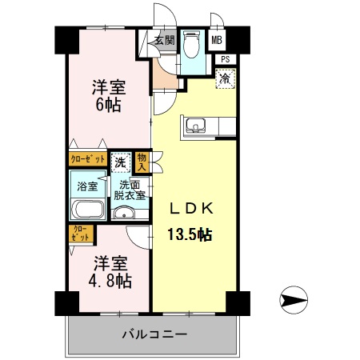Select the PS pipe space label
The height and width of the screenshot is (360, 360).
(226, 58)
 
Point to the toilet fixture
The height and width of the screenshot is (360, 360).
(192, 44)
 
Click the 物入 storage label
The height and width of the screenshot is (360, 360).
(142, 162)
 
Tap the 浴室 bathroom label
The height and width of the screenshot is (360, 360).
(87, 186)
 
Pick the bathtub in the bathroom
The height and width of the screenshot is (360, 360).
(87, 210)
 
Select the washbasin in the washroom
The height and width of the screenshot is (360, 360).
(122, 214)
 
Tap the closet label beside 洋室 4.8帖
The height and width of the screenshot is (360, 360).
(81, 234)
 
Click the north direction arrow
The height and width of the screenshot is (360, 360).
(295, 301)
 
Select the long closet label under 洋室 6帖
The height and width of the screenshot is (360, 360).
(87, 159)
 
